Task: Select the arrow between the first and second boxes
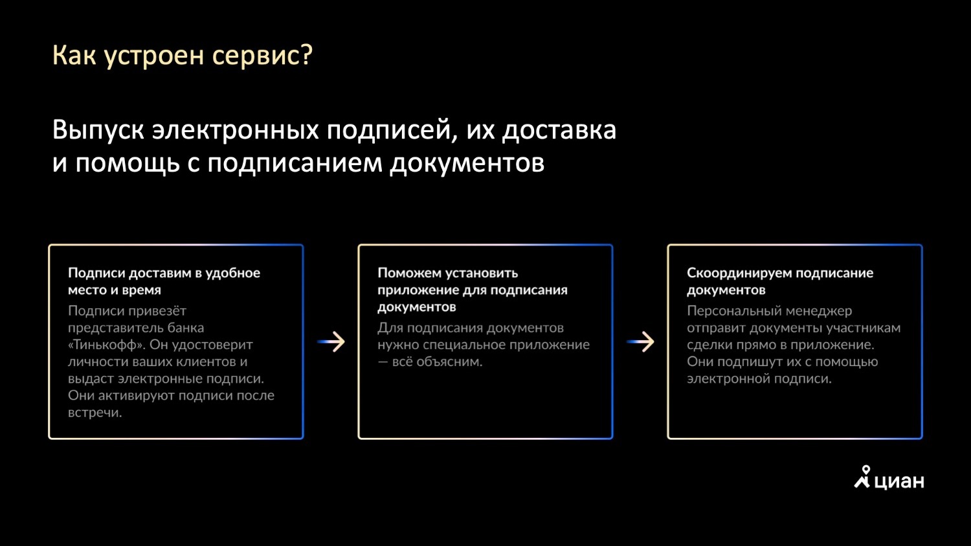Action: [331, 342]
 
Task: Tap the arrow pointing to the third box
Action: [641, 342]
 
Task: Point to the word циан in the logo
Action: [899, 481]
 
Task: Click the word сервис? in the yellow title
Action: [262, 56]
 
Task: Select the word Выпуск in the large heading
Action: [98, 130]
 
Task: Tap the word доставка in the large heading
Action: [559, 130]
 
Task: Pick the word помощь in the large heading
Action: [128, 163]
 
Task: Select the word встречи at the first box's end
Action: [95, 413]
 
